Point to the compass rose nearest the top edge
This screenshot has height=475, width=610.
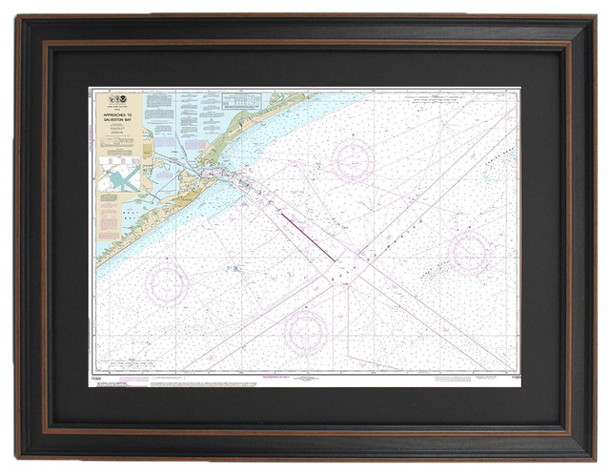[352, 160]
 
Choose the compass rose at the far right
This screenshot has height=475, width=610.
[470, 251]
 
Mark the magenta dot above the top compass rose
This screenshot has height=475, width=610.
[353, 134]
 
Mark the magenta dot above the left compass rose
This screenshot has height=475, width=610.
[168, 258]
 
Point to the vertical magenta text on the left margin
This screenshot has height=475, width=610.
[91, 143]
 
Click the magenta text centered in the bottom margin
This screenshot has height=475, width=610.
[304, 377]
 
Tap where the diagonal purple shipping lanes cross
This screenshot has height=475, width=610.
[347, 270]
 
